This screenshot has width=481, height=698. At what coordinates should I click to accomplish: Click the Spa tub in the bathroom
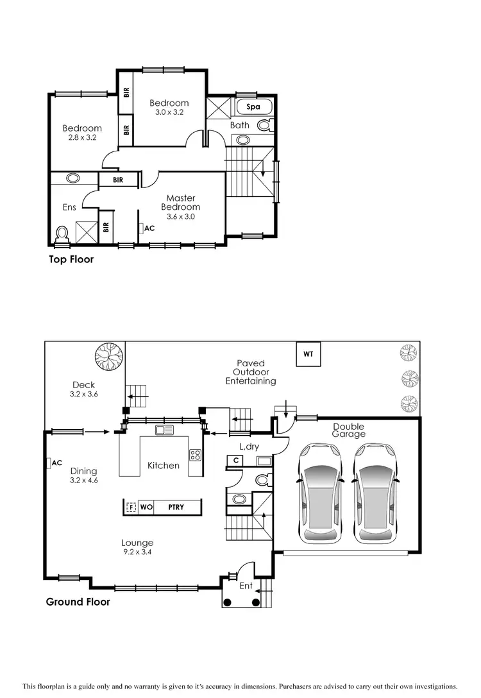pos(253,107)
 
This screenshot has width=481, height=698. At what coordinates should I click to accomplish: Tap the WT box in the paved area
pos(308,354)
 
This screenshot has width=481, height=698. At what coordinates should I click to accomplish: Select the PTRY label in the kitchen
pos(176,507)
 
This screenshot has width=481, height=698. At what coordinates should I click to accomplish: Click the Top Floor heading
pos(71,260)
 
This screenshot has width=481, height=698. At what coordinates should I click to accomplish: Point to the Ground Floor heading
pos(78,602)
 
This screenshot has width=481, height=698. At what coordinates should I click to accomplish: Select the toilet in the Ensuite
pos(62,234)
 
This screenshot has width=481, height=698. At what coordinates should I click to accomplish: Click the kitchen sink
pos(165,430)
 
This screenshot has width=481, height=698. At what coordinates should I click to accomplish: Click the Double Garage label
pos(348,430)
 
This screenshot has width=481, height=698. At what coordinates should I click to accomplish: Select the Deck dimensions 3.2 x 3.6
pos(83,395)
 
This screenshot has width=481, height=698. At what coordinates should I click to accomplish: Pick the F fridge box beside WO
pos(131,507)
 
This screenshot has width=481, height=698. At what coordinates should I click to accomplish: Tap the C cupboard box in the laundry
pos(236,460)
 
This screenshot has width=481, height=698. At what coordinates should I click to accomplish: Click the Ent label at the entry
pos(246,586)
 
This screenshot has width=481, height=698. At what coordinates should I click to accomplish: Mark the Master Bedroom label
pos(180,203)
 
